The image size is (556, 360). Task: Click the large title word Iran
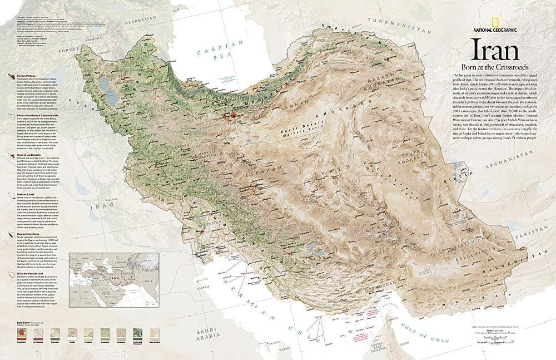495,51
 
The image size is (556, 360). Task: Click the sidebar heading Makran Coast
21,195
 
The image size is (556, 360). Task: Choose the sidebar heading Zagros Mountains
24,235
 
